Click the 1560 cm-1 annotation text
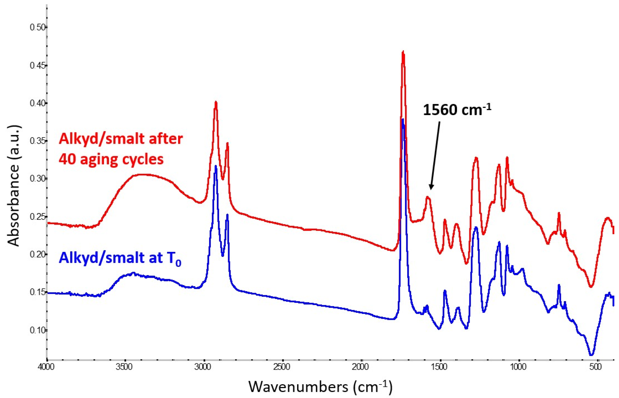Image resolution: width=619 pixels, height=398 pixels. tap(456, 110)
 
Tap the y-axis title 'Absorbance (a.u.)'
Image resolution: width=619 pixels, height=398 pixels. tap(13, 186)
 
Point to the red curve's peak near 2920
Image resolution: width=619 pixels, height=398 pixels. tap(216, 102)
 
